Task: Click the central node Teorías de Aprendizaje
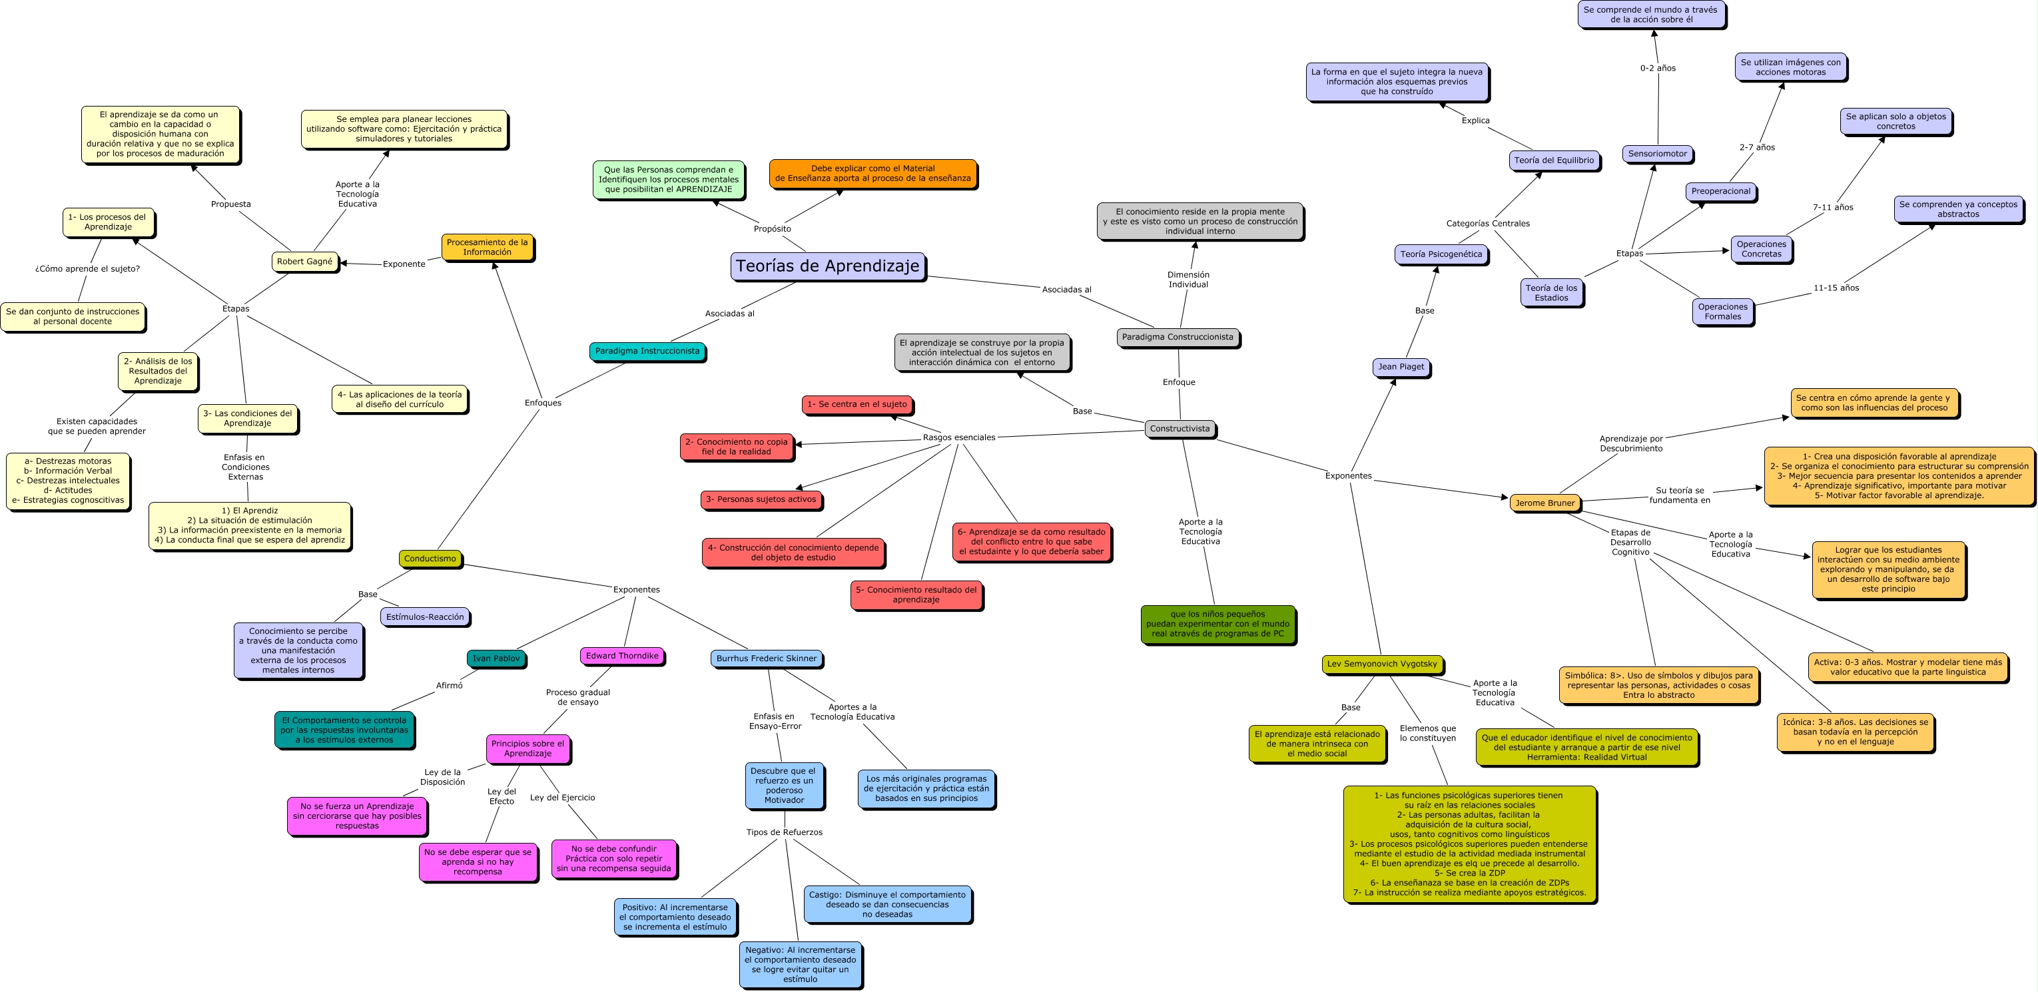click(828, 266)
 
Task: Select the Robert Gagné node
click(304, 261)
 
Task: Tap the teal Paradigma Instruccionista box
click(647, 352)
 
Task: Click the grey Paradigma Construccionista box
click(1178, 337)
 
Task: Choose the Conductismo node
click(430, 559)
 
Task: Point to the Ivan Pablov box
click(496, 658)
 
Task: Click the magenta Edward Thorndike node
click(622, 656)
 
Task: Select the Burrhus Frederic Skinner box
click(766, 658)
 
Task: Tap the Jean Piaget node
click(1401, 367)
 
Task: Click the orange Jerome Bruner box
click(1545, 503)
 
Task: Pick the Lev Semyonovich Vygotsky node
click(1382, 664)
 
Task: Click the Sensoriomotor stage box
click(1658, 154)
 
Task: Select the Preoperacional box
click(1721, 192)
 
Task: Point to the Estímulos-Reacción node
click(425, 617)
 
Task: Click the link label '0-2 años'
click(1658, 68)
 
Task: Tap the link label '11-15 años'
click(1836, 288)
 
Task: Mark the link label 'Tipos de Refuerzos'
click(784, 832)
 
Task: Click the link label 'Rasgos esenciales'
click(959, 437)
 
